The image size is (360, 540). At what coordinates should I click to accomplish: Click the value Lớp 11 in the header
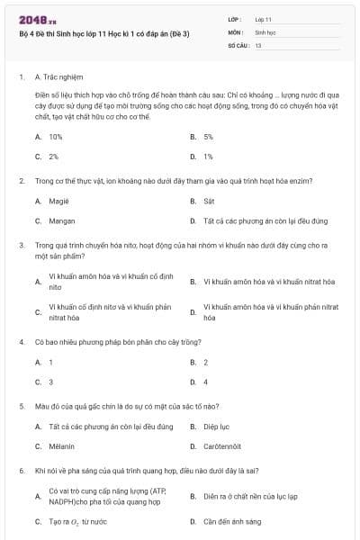click(x=263, y=18)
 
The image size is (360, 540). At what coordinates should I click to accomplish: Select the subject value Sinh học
click(x=265, y=31)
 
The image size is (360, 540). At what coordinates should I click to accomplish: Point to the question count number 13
click(x=258, y=44)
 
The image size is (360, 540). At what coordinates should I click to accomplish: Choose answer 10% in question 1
click(x=55, y=137)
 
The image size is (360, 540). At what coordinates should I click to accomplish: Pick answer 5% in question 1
click(x=208, y=137)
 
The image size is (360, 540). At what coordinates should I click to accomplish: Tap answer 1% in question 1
click(x=208, y=156)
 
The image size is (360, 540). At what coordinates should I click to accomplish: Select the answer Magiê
click(x=58, y=201)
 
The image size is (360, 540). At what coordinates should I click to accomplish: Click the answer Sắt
click(x=209, y=201)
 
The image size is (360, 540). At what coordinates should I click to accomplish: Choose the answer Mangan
click(x=61, y=220)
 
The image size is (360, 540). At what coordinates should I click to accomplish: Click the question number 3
click(x=21, y=244)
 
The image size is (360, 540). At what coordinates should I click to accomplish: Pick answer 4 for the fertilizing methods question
click(x=205, y=382)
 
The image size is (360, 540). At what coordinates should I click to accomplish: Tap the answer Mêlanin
click(x=61, y=446)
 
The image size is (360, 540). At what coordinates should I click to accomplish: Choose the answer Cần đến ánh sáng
click(x=232, y=521)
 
